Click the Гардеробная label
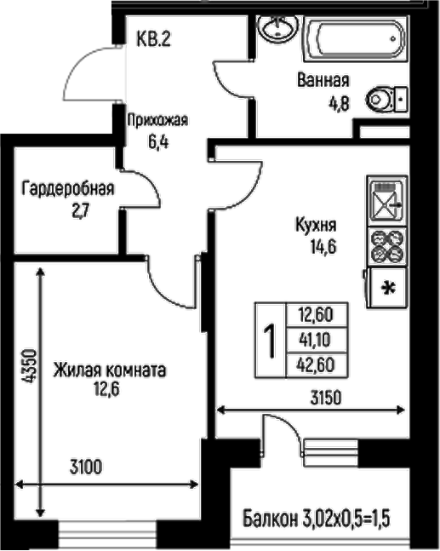click(68, 189)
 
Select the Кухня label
click(316, 227)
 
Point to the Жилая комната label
click(108, 370)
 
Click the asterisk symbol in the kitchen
click(391, 288)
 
